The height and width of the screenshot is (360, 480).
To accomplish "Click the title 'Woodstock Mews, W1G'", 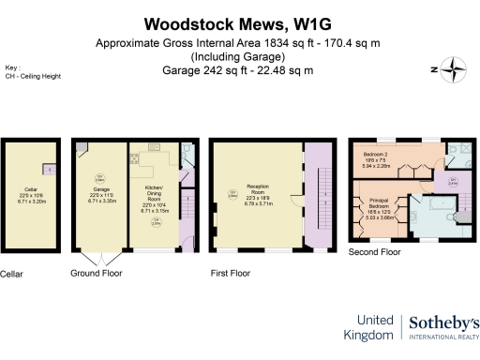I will tap(240, 22).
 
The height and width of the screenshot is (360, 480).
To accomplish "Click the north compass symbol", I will tap(456, 67).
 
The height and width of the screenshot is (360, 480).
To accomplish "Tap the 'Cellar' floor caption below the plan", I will tap(10, 274).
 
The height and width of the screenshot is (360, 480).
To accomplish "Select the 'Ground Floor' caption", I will tap(97, 274).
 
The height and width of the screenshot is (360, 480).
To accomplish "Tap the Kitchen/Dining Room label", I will tap(155, 193).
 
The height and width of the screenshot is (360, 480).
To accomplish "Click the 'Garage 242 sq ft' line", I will tap(240, 68).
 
